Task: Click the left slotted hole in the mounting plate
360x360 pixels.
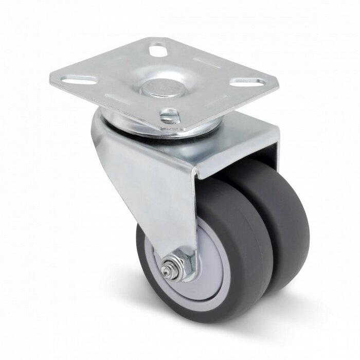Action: [x=82, y=81]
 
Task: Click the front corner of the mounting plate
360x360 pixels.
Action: [x=184, y=129]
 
